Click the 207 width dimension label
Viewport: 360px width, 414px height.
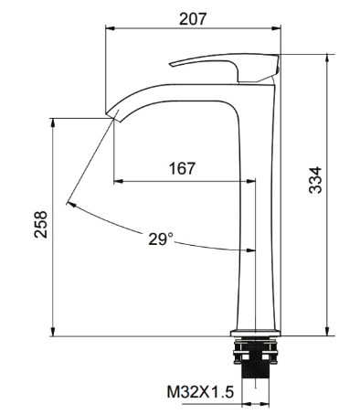[193, 18]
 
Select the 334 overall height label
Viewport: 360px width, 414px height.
[315, 180]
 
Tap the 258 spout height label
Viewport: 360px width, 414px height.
[41, 224]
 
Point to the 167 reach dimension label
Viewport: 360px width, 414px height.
[182, 168]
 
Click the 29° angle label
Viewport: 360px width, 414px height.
[161, 239]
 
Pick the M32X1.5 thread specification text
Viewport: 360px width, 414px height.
[200, 392]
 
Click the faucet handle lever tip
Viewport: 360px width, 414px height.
[171, 64]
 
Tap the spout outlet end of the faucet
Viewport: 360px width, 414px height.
[112, 117]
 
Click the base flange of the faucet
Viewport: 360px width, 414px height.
[255, 333]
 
